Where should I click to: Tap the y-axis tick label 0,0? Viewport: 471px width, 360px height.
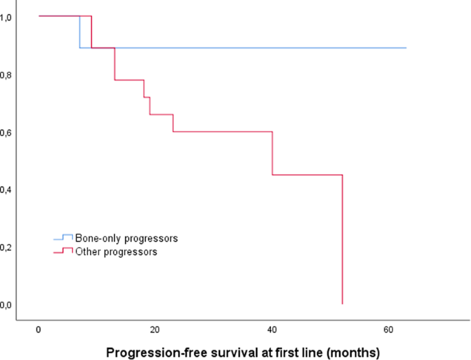(5, 304)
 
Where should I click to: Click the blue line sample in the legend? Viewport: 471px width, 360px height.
(63, 238)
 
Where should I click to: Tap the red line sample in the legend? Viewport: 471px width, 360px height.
(63, 251)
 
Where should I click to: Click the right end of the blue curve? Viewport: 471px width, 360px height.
(406, 48)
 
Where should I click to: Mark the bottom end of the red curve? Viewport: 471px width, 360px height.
(342, 303)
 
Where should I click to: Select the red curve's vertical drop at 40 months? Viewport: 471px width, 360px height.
(273, 153)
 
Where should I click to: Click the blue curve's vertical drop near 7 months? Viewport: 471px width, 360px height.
(80, 32)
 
